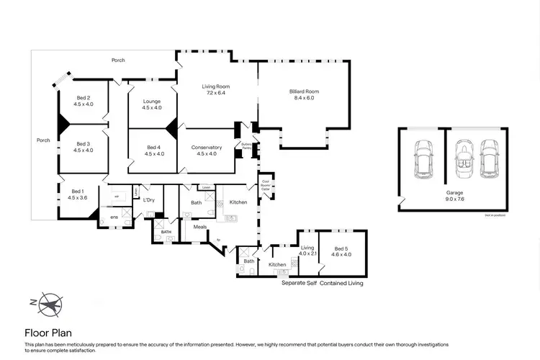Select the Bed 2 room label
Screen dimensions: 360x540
84,101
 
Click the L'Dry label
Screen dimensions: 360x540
149,199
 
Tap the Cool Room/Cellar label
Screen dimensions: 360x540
265,184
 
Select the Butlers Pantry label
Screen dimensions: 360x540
246,146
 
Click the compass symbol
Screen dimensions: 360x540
49,304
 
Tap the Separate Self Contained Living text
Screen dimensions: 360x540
322,284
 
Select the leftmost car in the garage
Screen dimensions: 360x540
422,160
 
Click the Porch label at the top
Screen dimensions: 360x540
118,60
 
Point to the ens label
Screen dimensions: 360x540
114,217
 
